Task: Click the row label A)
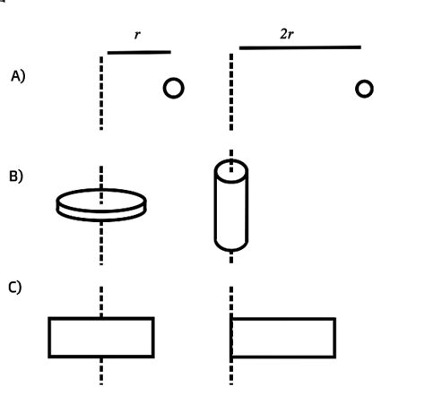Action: tap(18, 77)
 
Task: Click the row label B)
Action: tap(16, 176)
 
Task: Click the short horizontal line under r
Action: tap(138, 52)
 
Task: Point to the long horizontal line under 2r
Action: tap(299, 47)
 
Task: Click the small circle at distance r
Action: tap(174, 87)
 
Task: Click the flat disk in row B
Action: tap(100, 202)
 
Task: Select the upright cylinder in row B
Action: tap(230, 206)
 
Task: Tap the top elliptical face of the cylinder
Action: tap(230, 170)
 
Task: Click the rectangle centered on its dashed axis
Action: tap(100, 337)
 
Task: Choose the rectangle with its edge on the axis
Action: tap(283, 337)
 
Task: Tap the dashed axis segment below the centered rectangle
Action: tap(101, 371)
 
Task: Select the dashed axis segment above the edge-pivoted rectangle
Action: tap(232, 300)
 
